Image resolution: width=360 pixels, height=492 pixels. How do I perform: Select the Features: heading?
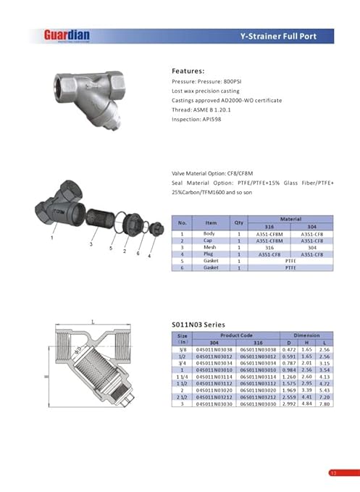pos(189,72)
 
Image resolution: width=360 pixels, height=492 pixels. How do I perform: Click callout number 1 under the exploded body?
pos(51,237)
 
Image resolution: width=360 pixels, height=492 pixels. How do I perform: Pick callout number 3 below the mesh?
pos(92,245)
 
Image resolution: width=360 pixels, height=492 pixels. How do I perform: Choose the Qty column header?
pos(238,222)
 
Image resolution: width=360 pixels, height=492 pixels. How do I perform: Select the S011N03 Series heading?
pos(198,324)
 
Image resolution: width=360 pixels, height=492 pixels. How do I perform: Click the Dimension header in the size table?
pos(306,335)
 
